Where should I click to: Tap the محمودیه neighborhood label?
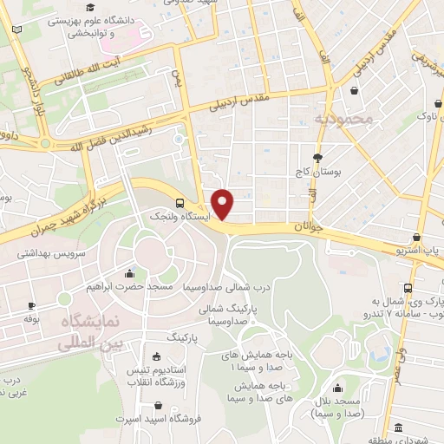343,118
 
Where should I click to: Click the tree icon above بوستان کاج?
317,158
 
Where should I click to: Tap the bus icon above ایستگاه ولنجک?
178,201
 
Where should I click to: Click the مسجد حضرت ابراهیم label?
131,285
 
